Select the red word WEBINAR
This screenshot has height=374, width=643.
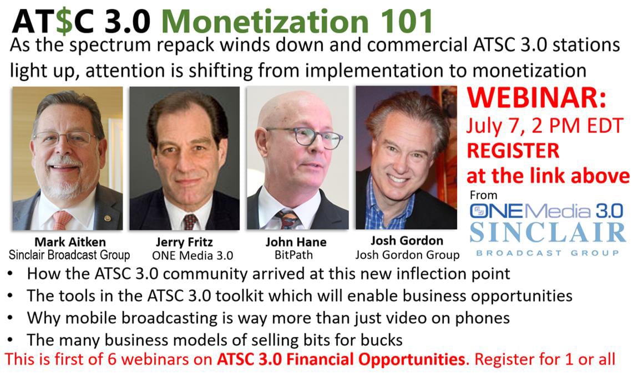[536, 98]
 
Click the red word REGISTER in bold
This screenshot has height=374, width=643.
[513, 151]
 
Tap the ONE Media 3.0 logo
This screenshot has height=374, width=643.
[546, 211]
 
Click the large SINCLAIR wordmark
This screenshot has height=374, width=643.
[548, 233]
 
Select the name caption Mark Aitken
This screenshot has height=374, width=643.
[70, 242]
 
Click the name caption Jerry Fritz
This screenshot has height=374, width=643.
[184, 242]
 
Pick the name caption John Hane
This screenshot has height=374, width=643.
[296, 242]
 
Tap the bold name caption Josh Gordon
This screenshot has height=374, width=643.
[407, 241]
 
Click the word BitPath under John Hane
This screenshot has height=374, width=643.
[293, 255]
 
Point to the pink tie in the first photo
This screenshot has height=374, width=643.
[62, 219]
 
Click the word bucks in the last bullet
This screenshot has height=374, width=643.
[381, 340]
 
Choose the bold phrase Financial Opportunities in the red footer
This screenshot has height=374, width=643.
[377, 359]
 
